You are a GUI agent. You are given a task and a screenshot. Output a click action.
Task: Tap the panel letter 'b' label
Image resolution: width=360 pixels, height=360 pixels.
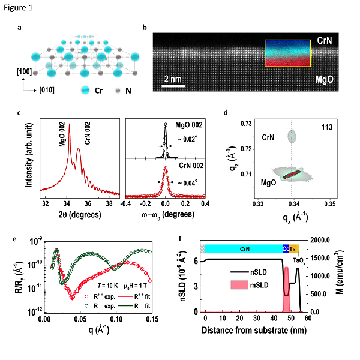click(145, 28)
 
